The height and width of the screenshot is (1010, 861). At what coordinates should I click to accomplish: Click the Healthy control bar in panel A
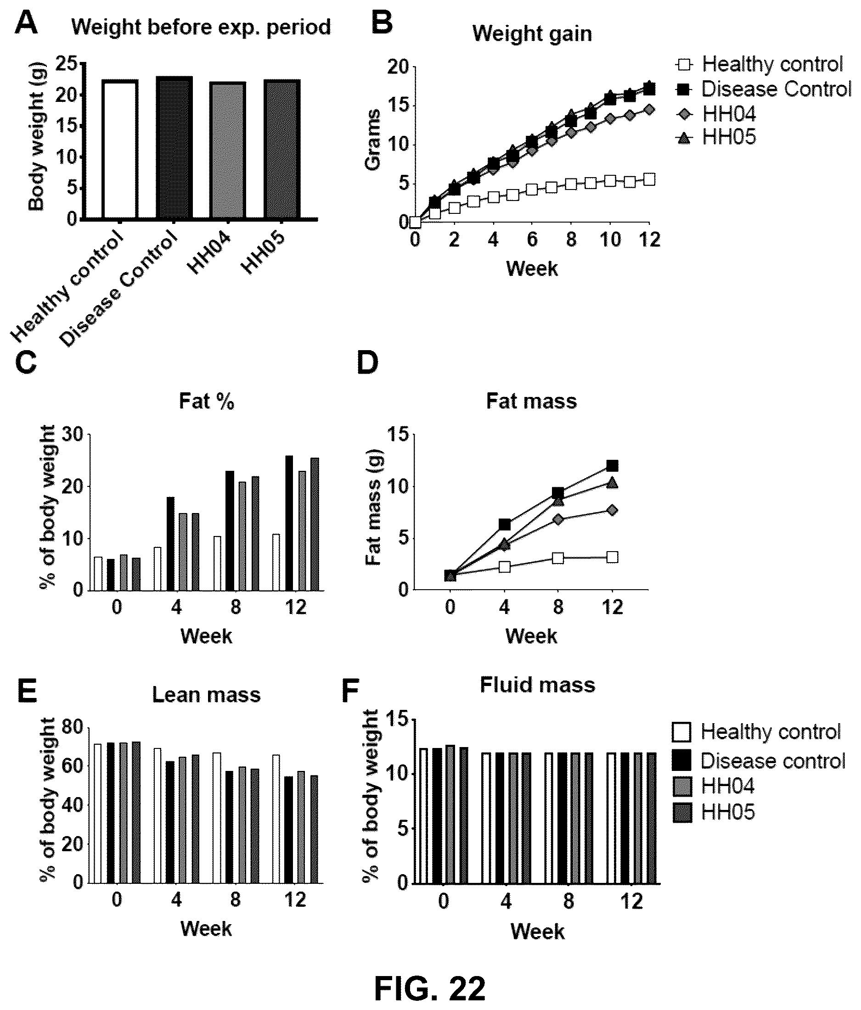coord(120,149)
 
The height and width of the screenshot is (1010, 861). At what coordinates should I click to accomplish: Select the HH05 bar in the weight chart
coord(282,149)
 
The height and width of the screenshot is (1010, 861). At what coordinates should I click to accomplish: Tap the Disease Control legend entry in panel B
coord(764,89)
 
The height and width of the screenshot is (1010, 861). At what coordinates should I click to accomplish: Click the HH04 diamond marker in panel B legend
coord(684,114)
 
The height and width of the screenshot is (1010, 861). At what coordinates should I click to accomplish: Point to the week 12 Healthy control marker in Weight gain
coord(649,180)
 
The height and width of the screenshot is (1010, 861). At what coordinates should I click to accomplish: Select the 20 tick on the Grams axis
coord(398,67)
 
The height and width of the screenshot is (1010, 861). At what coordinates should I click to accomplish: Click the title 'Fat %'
coord(206,401)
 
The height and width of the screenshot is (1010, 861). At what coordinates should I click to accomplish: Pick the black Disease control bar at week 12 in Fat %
coord(289,523)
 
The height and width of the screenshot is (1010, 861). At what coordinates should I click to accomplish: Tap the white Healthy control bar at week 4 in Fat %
coord(158,569)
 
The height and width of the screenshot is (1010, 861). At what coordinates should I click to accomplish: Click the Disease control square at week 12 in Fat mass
coord(612,465)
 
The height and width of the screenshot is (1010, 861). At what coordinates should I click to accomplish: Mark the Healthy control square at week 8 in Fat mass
coord(558,558)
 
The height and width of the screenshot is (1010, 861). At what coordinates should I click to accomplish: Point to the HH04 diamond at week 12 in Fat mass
coord(613,510)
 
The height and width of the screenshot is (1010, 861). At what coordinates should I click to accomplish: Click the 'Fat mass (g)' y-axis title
coord(374,507)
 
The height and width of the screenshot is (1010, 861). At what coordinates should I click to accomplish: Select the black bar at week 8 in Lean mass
coord(229,827)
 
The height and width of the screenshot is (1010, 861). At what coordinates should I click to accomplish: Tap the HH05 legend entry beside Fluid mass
coord(714,812)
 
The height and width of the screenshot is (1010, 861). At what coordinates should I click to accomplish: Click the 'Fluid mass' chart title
coord(538,685)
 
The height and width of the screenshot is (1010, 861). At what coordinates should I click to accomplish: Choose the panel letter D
coord(368,362)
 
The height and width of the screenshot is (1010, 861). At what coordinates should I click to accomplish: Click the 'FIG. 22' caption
coord(430,988)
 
